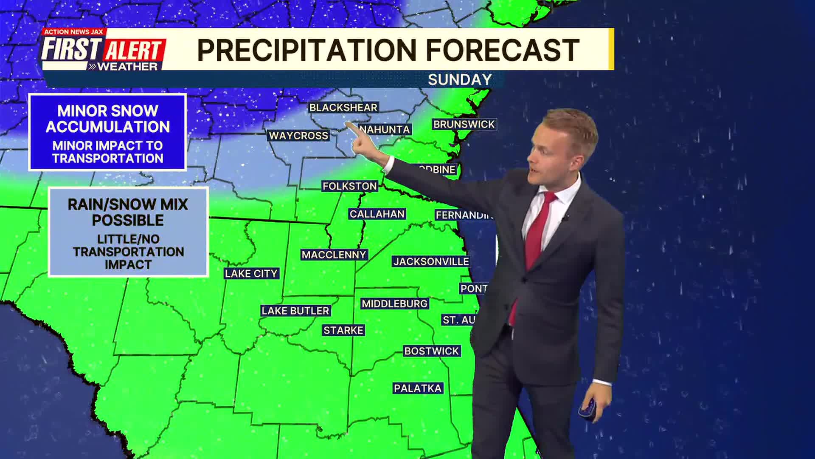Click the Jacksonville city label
[431, 261]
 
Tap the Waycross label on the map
[298, 136]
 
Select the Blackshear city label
[343, 108]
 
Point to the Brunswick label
[464, 124]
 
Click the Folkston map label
[349, 186]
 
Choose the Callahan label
[377, 214]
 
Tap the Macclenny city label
[334, 255]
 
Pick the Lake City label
[251, 273]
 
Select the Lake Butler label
[295, 311]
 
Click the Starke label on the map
[343, 330]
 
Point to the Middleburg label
[394, 303]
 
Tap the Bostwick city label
[431, 351]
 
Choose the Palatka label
[418, 388]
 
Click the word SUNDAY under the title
[460, 79]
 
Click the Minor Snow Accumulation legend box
[107, 132]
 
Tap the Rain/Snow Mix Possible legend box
[128, 232]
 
